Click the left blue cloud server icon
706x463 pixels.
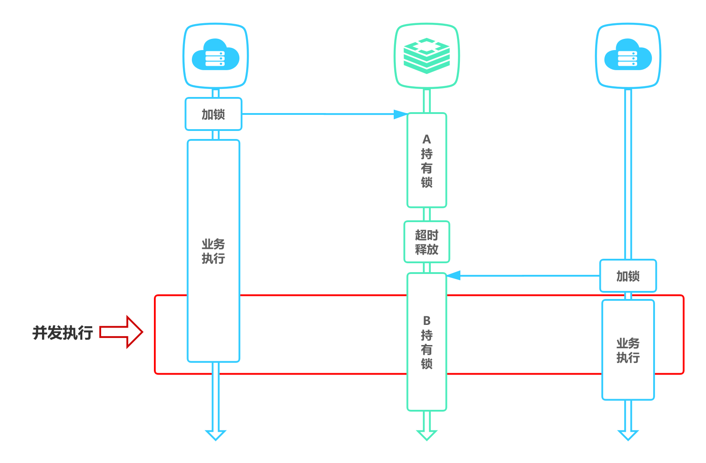(x=215, y=55)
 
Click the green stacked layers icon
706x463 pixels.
(x=426, y=55)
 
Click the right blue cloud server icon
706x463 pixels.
(x=628, y=55)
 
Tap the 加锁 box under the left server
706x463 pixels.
(x=213, y=114)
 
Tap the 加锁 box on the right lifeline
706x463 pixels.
(x=628, y=276)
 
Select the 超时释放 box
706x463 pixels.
(x=426, y=242)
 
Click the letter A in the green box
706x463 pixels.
(x=426, y=139)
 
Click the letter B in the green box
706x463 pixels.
(x=426, y=320)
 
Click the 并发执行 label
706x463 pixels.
(x=63, y=333)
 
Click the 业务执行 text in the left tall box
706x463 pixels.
(x=213, y=251)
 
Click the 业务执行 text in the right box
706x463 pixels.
(x=628, y=350)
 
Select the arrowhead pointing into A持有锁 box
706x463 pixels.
(x=400, y=114)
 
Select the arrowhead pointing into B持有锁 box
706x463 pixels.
(x=453, y=275)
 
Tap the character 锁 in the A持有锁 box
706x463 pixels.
(x=426, y=182)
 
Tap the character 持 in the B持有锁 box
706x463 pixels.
(x=426, y=335)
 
